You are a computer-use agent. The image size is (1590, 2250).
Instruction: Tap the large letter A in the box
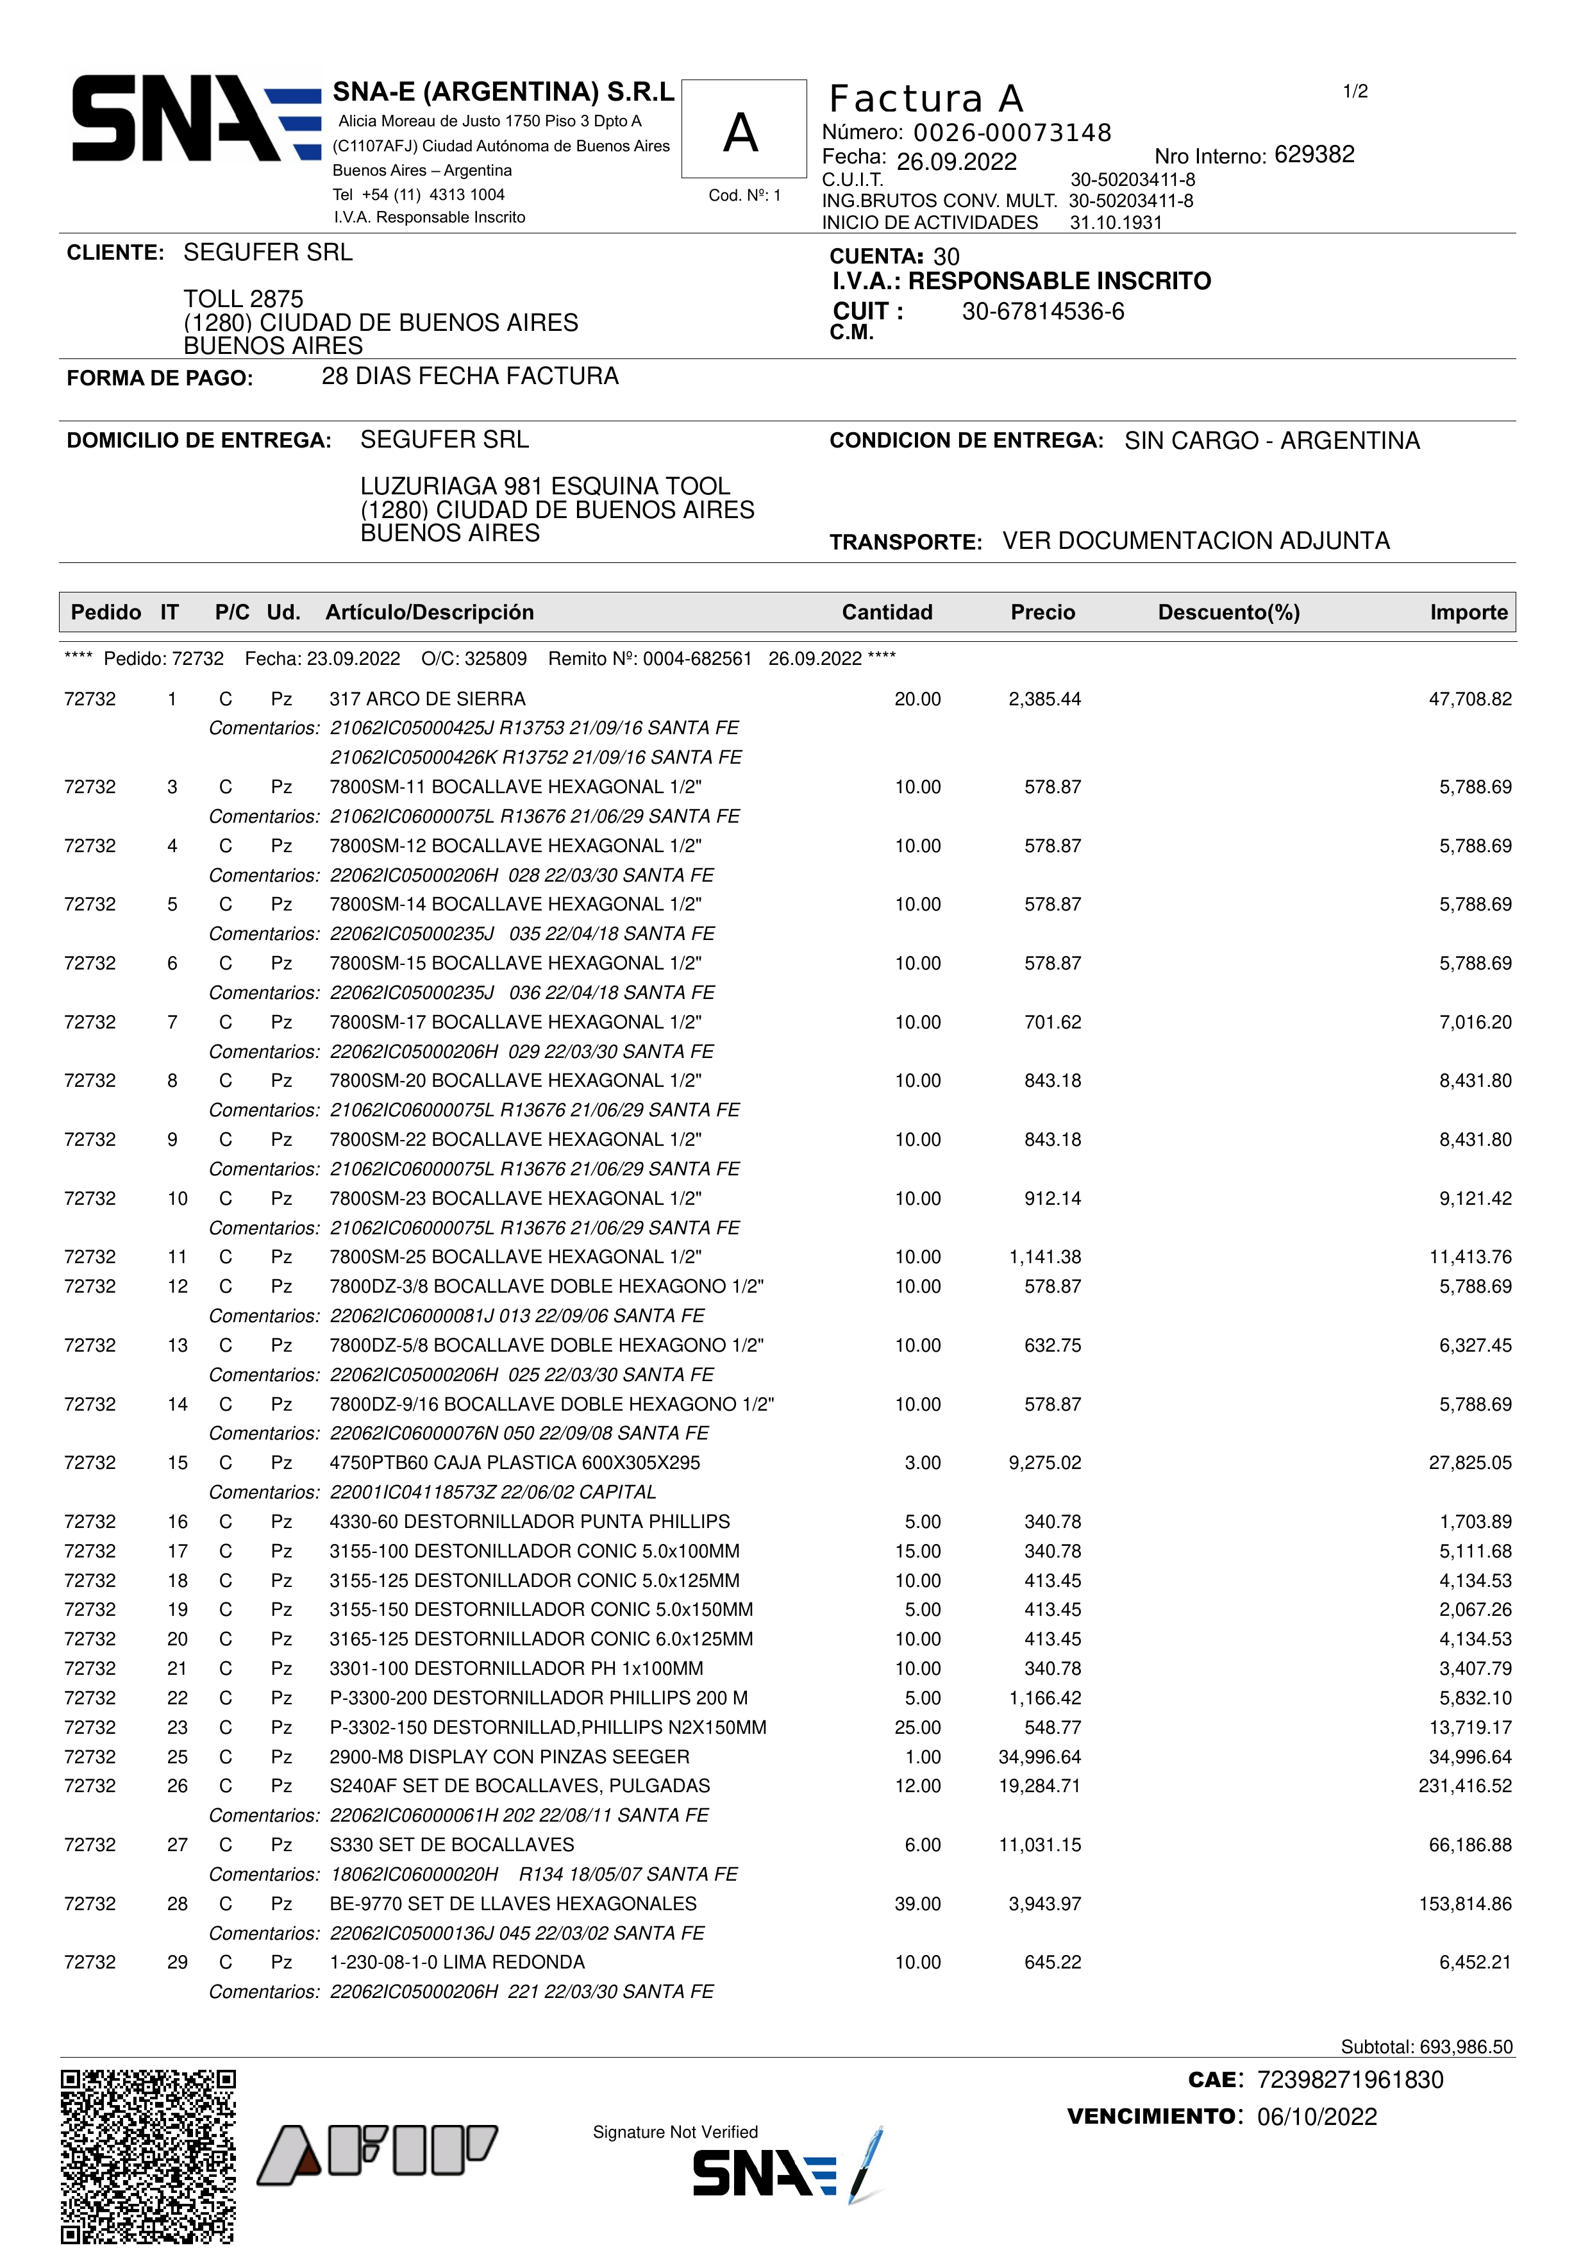pyautogui.click(x=742, y=133)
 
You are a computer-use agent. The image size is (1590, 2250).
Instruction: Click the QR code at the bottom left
pyautogui.click(x=148, y=2155)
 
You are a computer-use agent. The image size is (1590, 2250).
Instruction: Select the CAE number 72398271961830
pyautogui.click(x=1350, y=2079)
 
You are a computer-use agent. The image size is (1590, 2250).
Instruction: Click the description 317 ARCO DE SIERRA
pyautogui.click(x=427, y=699)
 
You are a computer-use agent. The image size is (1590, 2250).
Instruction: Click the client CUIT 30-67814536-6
pyautogui.click(x=1042, y=312)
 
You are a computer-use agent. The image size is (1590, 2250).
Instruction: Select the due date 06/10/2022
pyautogui.click(x=1317, y=2117)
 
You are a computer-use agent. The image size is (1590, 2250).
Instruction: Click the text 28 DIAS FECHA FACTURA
pyautogui.click(x=470, y=376)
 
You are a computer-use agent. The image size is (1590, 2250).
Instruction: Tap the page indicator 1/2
pyautogui.click(x=1355, y=91)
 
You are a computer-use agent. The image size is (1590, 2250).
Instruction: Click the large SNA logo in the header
pyautogui.click(x=196, y=119)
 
